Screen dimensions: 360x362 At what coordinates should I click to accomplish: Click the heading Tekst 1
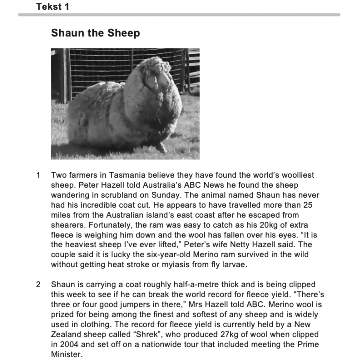point(53,6)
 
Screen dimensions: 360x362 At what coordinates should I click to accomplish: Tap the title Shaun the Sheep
point(95,33)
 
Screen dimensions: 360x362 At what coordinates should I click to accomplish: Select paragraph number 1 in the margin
point(38,176)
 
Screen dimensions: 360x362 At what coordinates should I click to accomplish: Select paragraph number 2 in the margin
point(38,285)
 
